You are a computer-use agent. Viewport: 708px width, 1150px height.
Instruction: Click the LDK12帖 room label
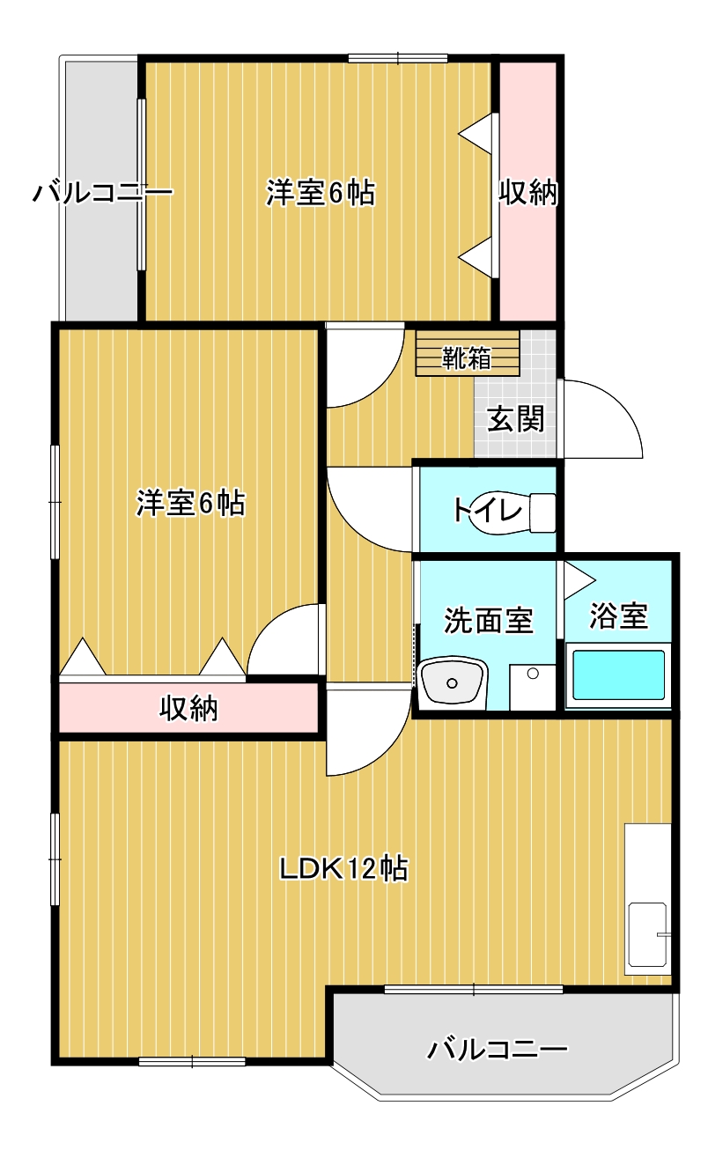pyautogui.click(x=343, y=869)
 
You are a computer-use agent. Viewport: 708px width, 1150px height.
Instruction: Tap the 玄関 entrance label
pyautogui.click(x=516, y=419)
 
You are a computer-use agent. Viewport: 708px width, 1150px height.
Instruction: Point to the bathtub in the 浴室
pyautogui.click(x=618, y=676)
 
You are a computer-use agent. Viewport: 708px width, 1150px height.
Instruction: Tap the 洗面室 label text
pyautogui.click(x=488, y=620)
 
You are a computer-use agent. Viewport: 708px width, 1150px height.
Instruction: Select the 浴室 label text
pyautogui.click(x=619, y=616)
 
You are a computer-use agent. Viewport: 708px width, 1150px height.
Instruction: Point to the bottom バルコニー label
pyautogui.click(x=498, y=1050)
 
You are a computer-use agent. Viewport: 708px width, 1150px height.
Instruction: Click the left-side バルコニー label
pyautogui.click(x=102, y=192)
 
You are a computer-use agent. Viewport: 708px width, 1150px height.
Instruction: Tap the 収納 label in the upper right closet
pyautogui.click(x=529, y=192)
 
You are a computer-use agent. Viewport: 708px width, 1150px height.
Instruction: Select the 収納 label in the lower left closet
pyautogui.click(x=188, y=707)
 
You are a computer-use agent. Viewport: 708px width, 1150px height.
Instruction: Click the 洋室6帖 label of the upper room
pyautogui.click(x=321, y=192)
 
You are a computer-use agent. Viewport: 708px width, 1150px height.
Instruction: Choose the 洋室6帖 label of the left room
pyautogui.click(x=190, y=503)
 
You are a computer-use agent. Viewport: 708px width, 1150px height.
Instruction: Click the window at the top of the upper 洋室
pyautogui.click(x=398, y=59)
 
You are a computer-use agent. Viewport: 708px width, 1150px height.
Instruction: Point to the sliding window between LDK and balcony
pyautogui.click(x=474, y=989)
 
